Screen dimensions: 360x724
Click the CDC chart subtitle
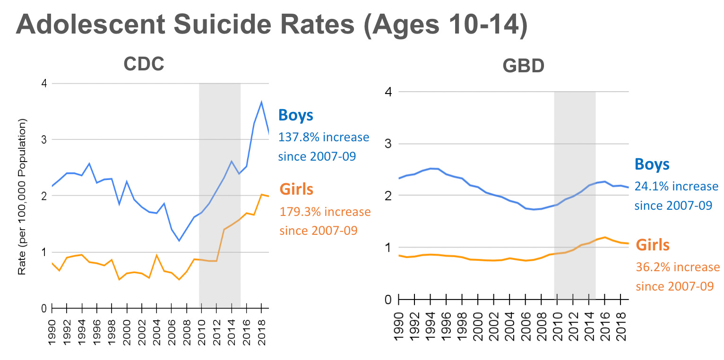click(x=144, y=64)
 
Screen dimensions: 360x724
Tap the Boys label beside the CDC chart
click(x=296, y=115)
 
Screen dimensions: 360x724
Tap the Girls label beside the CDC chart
click(x=297, y=189)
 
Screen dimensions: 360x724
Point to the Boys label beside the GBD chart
click(x=652, y=164)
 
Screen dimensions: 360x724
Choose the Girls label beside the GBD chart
click(x=653, y=245)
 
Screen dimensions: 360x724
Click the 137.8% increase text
click(x=324, y=137)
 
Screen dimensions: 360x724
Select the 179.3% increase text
click(x=325, y=212)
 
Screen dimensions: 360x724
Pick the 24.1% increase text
click(x=676, y=187)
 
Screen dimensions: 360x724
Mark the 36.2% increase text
click(x=677, y=267)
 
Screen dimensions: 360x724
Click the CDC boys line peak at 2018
click(x=261, y=102)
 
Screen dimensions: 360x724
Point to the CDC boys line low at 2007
click(x=179, y=240)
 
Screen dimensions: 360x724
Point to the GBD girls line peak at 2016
click(x=603, y=237)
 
